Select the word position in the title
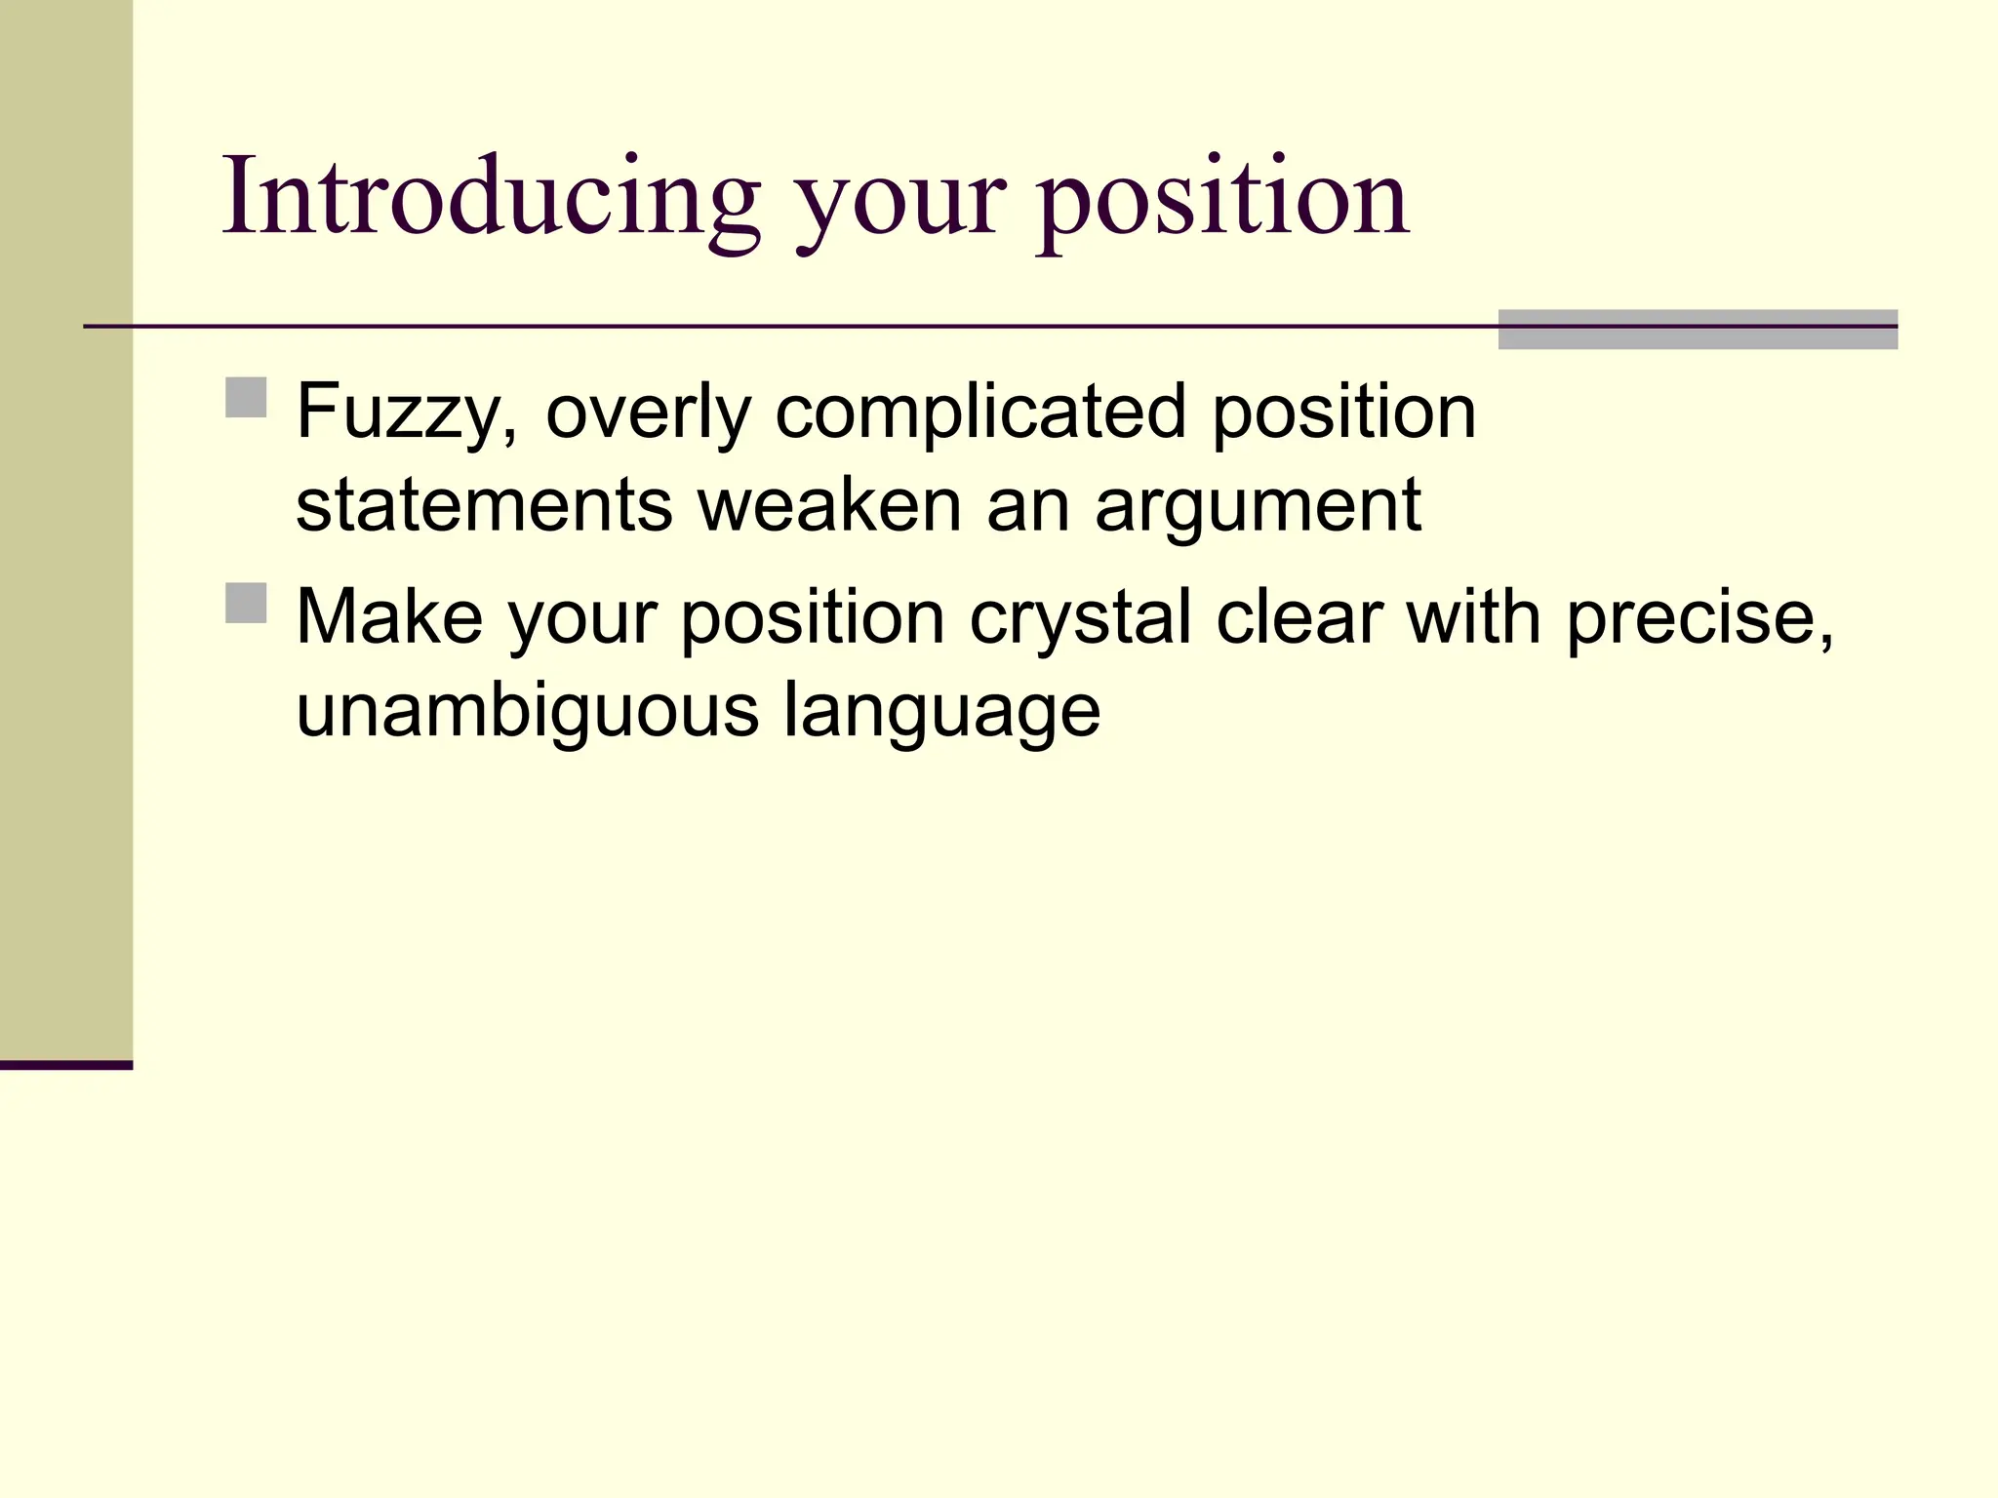coord(1223,205)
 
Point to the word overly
coord(648,414)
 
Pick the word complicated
coord(980,414)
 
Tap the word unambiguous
coord(527,711)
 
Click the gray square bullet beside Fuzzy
coord(246,398)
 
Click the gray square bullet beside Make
coord(246,603)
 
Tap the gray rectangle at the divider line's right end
coord(1698,330)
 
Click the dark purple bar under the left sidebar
coord(66,1065)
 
